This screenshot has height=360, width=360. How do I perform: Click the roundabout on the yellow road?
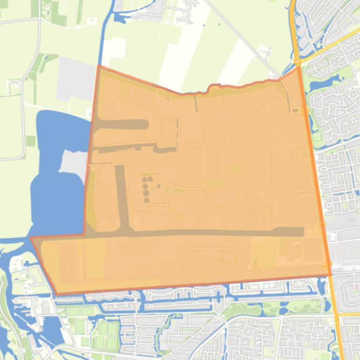(x=297, y=62)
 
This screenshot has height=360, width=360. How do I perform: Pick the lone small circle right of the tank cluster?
(x=159, y=186)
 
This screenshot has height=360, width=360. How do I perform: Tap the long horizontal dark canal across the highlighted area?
(x=211, y=232)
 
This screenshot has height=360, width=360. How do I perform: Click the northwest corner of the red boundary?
(x=99, y=66)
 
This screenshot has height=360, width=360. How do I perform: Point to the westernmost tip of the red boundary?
(x=31, y=238)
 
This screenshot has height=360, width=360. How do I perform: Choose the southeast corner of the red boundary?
(x=331, y=275)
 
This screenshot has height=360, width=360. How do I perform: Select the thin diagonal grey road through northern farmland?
(x=239, y=37)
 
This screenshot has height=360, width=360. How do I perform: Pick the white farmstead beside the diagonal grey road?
(x=264, y=50)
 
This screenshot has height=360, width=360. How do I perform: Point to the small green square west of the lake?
(x=30, y=141)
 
